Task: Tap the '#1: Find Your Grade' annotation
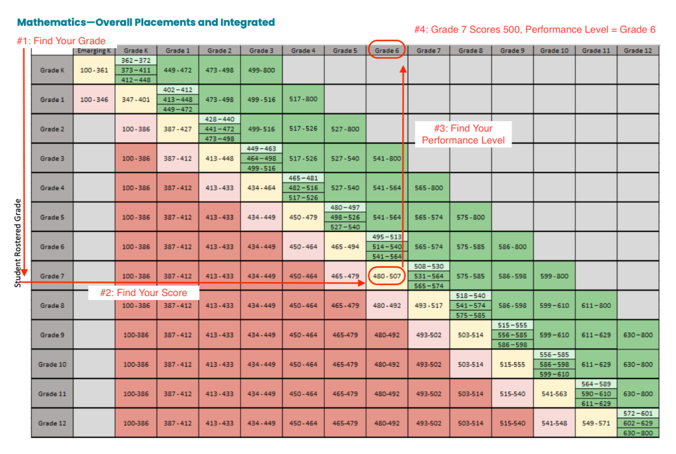pyautogui.click(x=61, y=41)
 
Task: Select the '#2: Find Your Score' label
pyautogui.click(x=143, y=293)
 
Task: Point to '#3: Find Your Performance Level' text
pyautogui.click(x=463, y=134)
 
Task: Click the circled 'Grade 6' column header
pyautogui.click(x=386, y=50)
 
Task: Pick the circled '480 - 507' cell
pyautogui.click(x=386, y=276)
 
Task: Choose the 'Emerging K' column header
pyautogui.click(x=94, y=50)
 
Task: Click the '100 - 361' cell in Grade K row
pyautogui.click(x=94, y=70)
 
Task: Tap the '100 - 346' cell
pyautogui.click(x=94, y=99)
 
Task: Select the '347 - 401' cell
pyautogui.click(x=135, y=99)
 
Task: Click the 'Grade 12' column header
pyautogui.click(x=637, y=50)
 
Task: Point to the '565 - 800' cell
pyautogui.click(x=428, y=188)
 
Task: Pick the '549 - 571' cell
pyautogui.click(x=595, y=423)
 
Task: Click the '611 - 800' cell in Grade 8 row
pyautogui.click(x=595, y=305)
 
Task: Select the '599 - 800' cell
pyautogui.click(x=554, y=276)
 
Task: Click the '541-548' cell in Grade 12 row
pyautogui.click(x=554, y=423)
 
